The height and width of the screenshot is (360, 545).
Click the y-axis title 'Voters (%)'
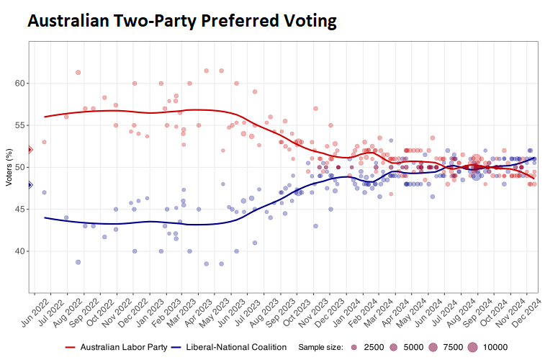(9, 167)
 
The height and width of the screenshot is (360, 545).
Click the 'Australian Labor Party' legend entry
(122, 347)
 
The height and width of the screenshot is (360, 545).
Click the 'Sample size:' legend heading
(320, 347)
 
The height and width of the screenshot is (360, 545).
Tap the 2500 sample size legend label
(374, 347)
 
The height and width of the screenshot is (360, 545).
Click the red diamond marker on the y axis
(30, 150)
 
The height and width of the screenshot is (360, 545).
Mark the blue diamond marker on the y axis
(30, 185)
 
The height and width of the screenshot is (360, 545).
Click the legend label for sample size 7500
(453, 347)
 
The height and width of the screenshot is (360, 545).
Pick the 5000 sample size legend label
(413, 347)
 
